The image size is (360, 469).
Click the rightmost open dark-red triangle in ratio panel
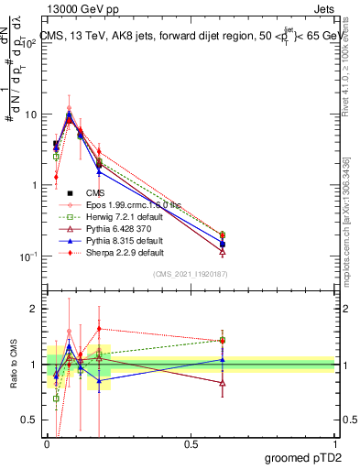(223, 383)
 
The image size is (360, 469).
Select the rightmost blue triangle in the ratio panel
(223, 360)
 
